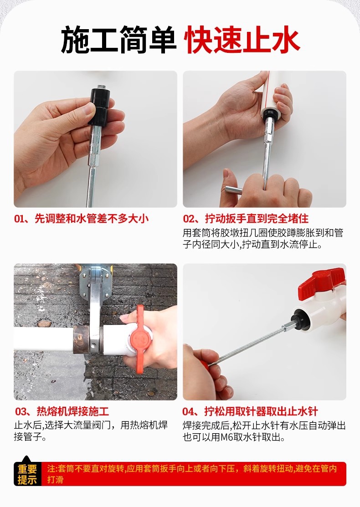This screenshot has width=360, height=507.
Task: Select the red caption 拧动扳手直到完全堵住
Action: tap(246, 219)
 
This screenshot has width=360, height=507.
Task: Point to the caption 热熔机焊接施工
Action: tap(62, 411)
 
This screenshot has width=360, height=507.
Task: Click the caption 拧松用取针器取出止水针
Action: tap(250, 411)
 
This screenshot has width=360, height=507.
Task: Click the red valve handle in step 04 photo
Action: tap(322, 280)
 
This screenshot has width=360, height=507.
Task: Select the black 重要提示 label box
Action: tap(27, 474)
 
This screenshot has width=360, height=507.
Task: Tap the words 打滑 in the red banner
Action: tap(55, 480)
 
